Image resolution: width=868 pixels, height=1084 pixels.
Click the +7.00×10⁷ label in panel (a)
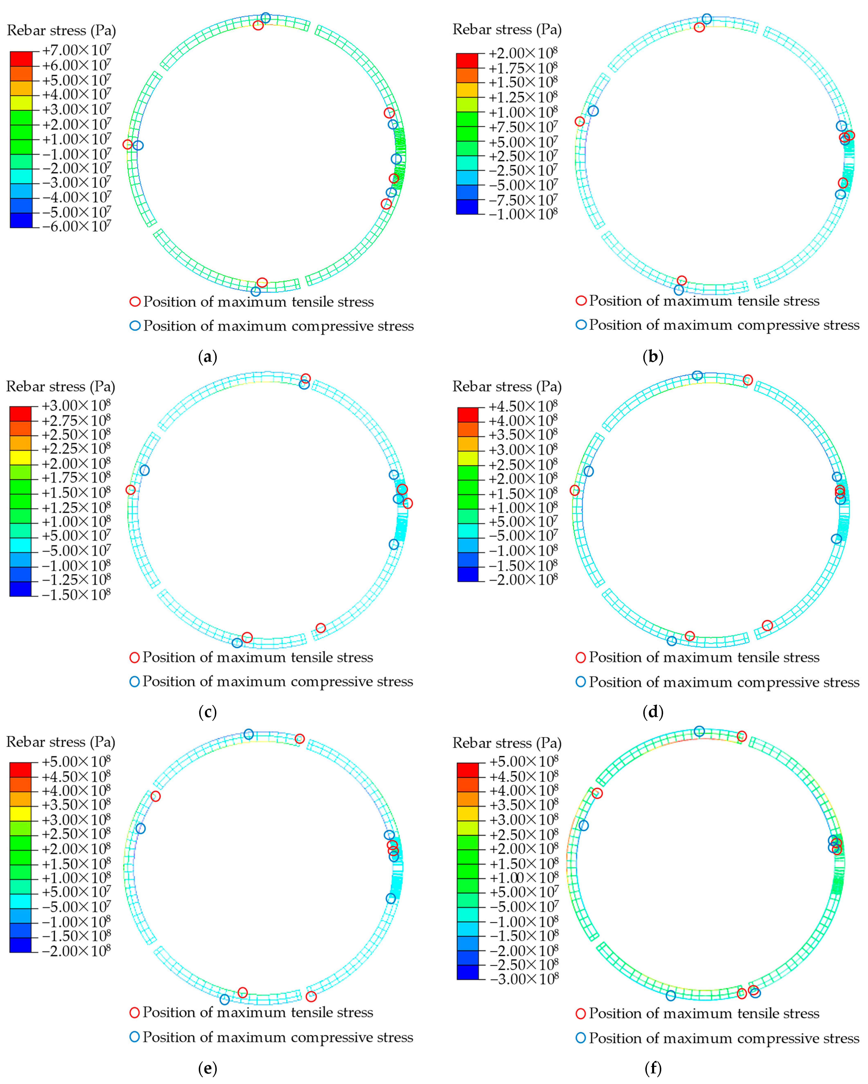pyautogui.click(x=76, y=50)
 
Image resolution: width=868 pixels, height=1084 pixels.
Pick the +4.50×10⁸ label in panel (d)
pyautogui.click(x=523, y=406)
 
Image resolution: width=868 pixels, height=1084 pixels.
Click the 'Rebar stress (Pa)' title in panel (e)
pyautogui.click(x=61, y=742)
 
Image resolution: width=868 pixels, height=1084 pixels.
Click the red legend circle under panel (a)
pyautogui.click(x=135, y=302)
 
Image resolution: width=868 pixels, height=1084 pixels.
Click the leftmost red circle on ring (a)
pyautogui.click(x=128, y=144)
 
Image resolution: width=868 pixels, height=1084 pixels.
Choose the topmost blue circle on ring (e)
pyautogui.click(x=248, y=734)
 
